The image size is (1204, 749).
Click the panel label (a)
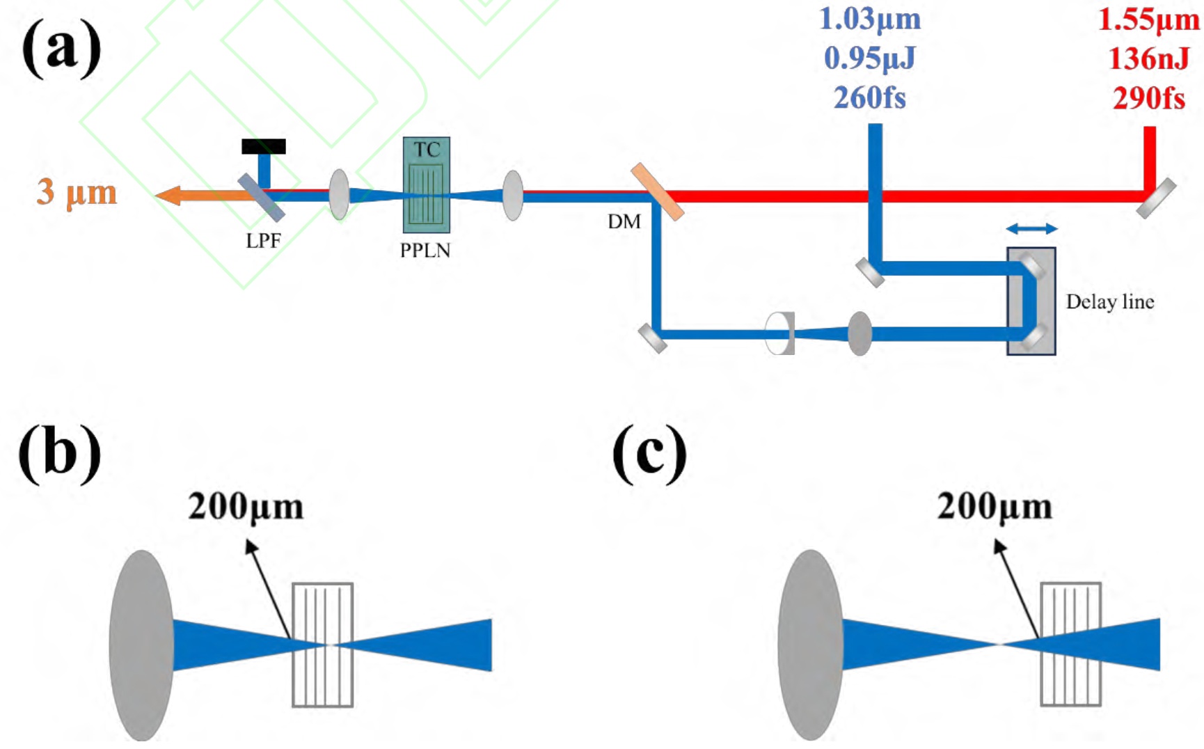(61, 49)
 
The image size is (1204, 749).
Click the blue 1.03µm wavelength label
(870, 19)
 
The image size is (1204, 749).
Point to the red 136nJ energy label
(1149, 58)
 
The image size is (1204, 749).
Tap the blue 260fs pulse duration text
(870, 97)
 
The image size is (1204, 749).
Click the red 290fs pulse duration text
(1149, 98)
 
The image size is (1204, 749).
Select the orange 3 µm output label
(77, 192)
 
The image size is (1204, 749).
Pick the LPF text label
(263, 241)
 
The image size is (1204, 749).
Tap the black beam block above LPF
(264, 146)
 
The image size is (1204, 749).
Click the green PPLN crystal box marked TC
(427, 185)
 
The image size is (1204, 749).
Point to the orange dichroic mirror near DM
(657, 192)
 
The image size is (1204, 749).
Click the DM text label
(624, 222)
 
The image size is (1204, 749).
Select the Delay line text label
(1110, 302)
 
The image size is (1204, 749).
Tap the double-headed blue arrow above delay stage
(1031, 228)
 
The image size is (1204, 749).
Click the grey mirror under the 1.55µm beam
(1156, 198)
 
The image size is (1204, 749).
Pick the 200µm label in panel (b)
(246, 507)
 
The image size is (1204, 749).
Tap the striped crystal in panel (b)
(322, 645)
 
